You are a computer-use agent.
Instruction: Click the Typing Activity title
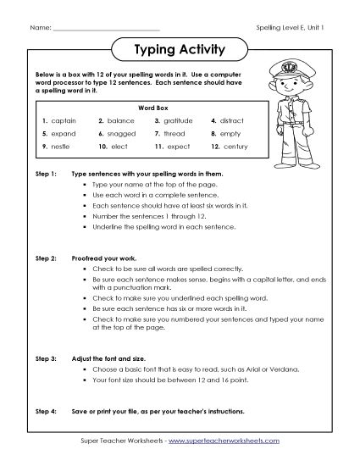coord(180,50)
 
